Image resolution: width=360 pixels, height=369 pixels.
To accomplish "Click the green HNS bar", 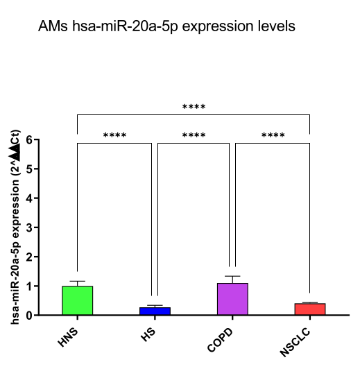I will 77,300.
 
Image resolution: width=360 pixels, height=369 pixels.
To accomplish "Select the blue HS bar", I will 155,311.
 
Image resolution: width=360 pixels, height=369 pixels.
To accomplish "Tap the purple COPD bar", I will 232,299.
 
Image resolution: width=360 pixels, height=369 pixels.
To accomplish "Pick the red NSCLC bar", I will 310,309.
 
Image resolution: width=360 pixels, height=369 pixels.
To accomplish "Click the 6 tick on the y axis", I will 28,139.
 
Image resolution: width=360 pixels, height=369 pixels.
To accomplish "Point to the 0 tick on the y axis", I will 28,316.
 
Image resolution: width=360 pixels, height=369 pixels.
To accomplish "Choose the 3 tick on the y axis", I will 28,228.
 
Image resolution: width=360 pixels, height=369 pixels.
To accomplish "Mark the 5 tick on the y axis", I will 28,169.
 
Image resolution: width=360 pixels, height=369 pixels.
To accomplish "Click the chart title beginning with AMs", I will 167,26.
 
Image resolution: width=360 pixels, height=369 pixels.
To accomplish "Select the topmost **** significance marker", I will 194,108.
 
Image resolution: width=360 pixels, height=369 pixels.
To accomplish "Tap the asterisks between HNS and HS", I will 114,135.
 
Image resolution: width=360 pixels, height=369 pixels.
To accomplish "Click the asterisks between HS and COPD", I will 194,135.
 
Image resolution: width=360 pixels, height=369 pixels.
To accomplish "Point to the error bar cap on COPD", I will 232,276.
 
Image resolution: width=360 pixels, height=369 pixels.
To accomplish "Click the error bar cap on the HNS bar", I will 77,281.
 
